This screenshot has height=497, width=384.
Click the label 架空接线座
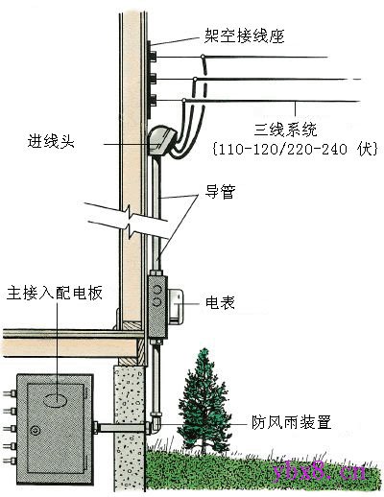click(244, 35)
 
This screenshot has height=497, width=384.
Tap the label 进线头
click(51, 141)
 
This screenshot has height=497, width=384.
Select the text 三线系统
click(286, 130)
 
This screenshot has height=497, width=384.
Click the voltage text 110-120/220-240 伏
click(295, 149)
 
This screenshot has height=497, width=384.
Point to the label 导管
click(220, 192)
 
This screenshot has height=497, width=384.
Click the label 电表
click(220, 302)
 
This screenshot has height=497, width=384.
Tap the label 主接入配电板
click(55, 293)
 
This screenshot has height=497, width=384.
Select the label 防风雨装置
click(291, 422)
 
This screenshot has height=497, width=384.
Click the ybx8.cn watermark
click(320, 471)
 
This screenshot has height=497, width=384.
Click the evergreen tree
click(201, 400)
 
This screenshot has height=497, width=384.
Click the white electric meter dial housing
click(176, 306)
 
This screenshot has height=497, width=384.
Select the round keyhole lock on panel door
click(36, 431)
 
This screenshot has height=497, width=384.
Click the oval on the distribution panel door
click(55, 400)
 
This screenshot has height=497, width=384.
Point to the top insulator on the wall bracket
click(153, 57)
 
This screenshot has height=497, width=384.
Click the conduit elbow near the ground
click(155, 421)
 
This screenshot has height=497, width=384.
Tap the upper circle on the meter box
click(157, 290)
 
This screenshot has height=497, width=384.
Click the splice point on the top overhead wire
click(203, 57)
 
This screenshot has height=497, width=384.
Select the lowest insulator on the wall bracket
click(153, 101)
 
